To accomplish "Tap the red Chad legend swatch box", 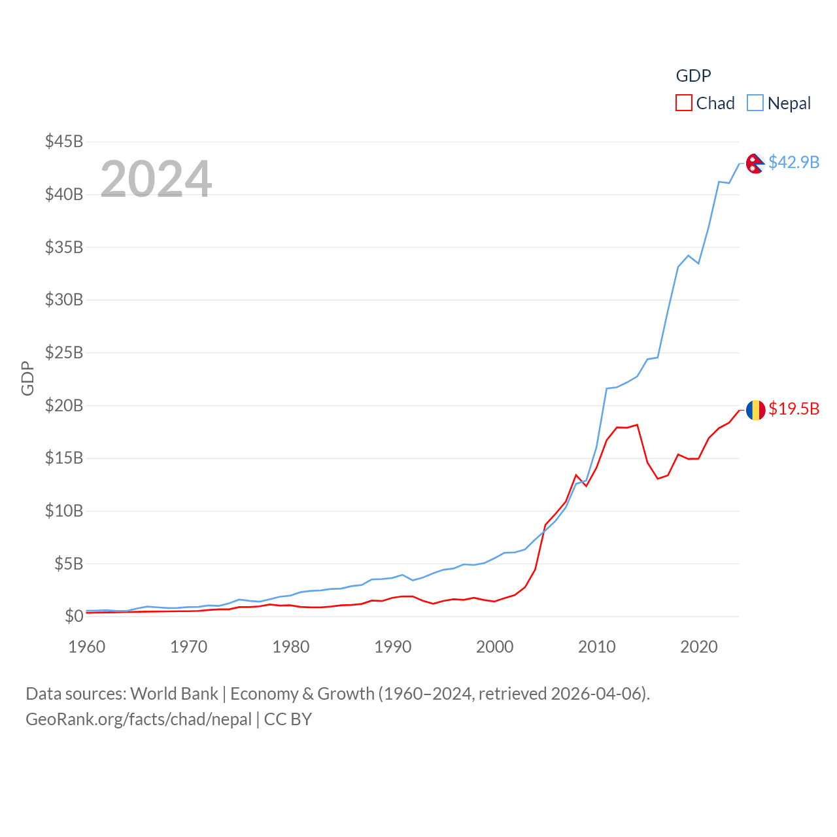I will [684, 103].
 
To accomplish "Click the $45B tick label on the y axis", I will [64, 141].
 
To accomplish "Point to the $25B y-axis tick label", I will [64, 352].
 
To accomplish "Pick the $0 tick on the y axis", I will [74, 616].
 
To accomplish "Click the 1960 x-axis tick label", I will [87, 647].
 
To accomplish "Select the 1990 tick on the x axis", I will [393, 647].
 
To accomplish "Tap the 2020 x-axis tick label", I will [699, 647].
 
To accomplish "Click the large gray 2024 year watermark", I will [156, 179].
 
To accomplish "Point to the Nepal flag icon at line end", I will [755, 163].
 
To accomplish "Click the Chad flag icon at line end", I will [755, 410].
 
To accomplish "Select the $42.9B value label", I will [794, 162].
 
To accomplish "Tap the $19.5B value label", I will [794, 409].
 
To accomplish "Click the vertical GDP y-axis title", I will [27, 378].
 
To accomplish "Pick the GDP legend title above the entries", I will [693, 76].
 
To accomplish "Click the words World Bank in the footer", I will [174, 693].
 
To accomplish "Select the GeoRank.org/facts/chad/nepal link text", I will [139, 719].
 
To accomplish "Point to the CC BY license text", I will [288, 719].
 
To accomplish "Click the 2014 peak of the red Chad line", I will [638, 424].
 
